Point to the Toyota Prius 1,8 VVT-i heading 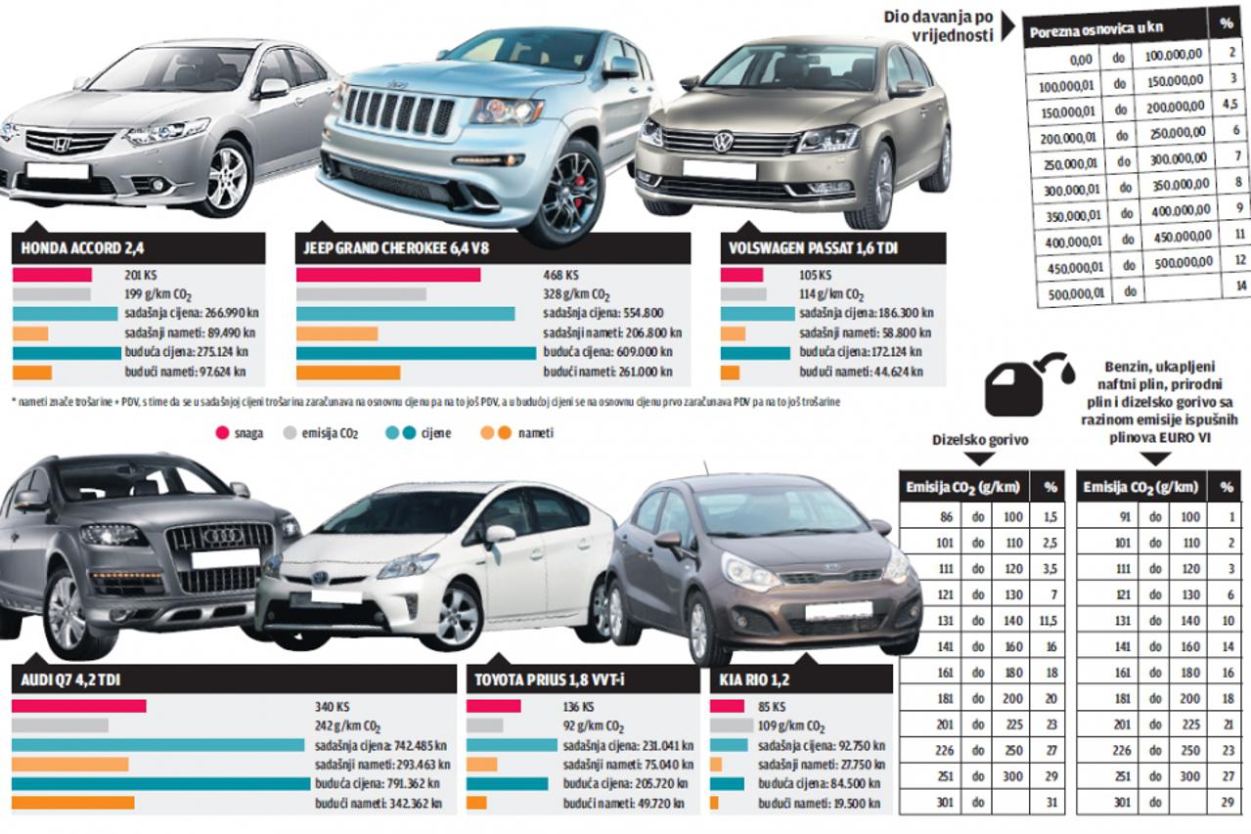click(x=549, y=680)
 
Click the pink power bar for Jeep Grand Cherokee click(x=388, y=275)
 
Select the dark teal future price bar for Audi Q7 click(x=160, y=783)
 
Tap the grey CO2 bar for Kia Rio click(x=731, y=725)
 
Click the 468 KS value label click(x=558, y=275)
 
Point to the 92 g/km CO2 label click(x=593, y=726)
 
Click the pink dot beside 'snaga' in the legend click(x=221, y=431)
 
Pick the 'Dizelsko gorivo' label click(x=980, y=440)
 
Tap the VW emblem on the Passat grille click(x=723, y=142)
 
